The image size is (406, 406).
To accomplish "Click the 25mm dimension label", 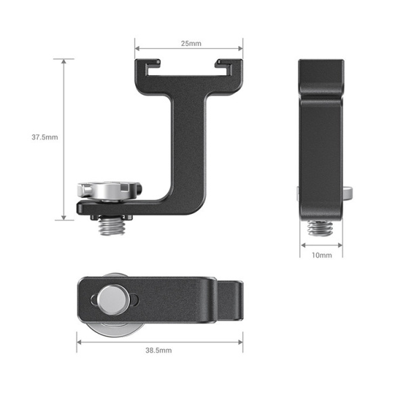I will click(190, 44).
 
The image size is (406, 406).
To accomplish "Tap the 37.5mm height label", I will click(45, 137).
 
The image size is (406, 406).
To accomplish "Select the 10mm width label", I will click(321, 255).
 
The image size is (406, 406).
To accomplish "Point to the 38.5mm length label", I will click(160, 351).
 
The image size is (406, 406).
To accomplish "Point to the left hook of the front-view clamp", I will click(143, 67).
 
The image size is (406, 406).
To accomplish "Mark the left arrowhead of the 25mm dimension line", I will click(137, 49).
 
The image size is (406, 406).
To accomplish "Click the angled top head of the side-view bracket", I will click(321, 78).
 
